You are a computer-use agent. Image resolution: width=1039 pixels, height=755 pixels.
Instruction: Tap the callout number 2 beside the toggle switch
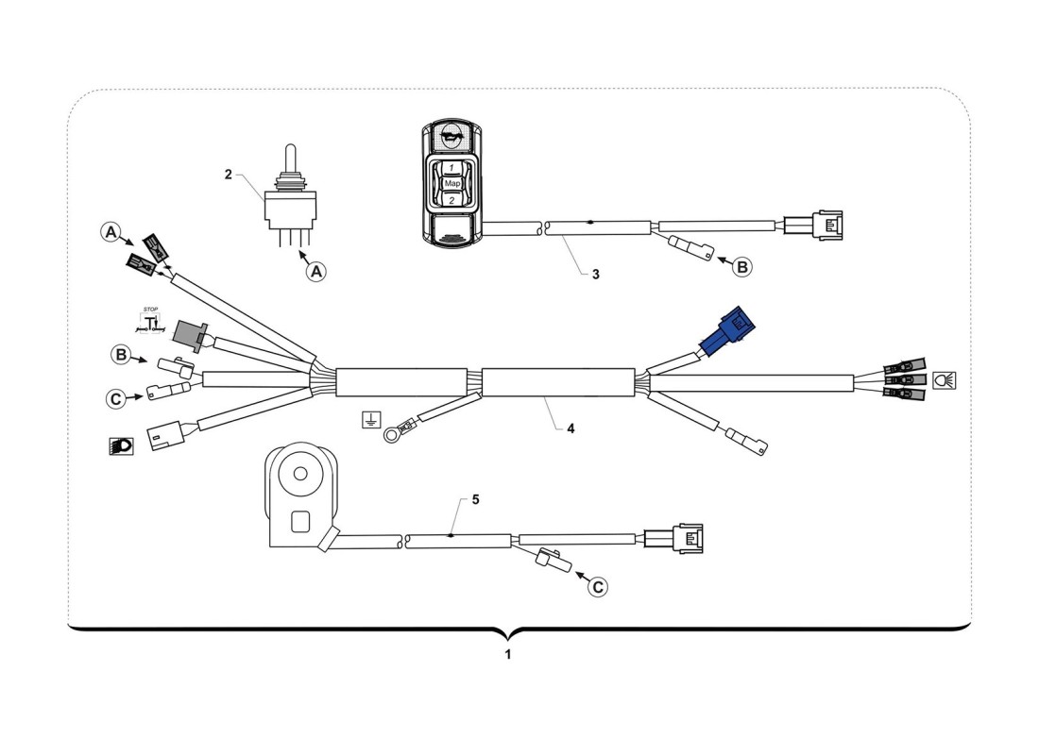(x=228, y=175)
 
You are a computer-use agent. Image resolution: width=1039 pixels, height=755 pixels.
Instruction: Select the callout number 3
(x=595, y=275)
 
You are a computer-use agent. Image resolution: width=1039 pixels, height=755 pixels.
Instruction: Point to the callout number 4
(x=571, y=428)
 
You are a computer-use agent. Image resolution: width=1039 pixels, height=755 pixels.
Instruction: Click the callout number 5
(x=475, y=499)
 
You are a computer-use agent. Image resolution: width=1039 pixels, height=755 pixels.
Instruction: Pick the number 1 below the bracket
(x=508, y=654)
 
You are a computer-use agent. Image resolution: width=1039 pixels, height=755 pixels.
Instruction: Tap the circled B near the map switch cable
(x=743, y=267)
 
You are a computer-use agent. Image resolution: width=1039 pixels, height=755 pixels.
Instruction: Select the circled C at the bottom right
(x=598, y=586)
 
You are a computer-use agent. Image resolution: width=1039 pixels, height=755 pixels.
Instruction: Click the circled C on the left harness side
(x=115, y=399)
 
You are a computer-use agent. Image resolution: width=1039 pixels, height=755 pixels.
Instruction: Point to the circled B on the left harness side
(x=121, y=355)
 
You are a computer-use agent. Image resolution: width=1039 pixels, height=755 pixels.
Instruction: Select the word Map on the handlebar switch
(x=451, y=183)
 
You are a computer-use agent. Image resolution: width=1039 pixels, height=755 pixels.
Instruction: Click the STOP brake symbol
(x=150, y=321)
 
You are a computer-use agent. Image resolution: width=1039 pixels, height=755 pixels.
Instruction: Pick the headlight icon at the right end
(x=943, y=379)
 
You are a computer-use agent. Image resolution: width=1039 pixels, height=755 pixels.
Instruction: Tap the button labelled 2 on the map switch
(x=451, y=200)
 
